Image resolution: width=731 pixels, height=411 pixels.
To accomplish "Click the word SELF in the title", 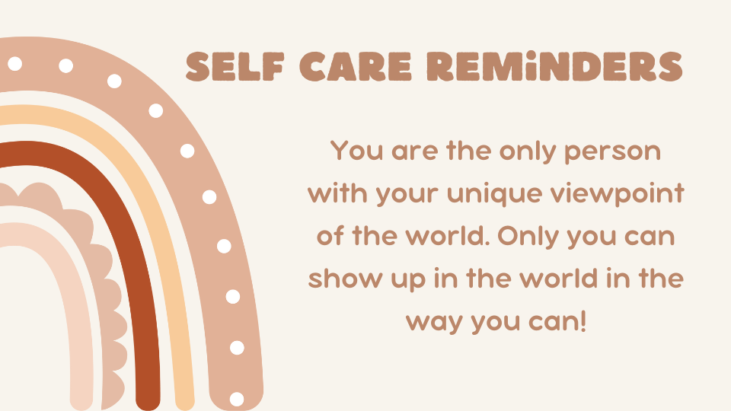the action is tap(235, 67).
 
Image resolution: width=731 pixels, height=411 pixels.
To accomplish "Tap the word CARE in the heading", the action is tap(356, 67).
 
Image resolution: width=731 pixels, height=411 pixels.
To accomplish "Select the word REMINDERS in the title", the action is tap(555, 67).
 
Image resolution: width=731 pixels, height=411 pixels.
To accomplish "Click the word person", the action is tap(612, 151).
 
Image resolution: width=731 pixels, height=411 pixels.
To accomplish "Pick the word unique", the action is tap(494, 193).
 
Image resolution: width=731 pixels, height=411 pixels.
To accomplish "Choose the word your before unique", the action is tap(407, 194).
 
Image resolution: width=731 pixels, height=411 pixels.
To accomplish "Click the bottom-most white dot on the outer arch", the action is tap(237, 399).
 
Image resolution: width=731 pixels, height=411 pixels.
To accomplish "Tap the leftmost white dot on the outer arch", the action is tap(15, 63).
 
